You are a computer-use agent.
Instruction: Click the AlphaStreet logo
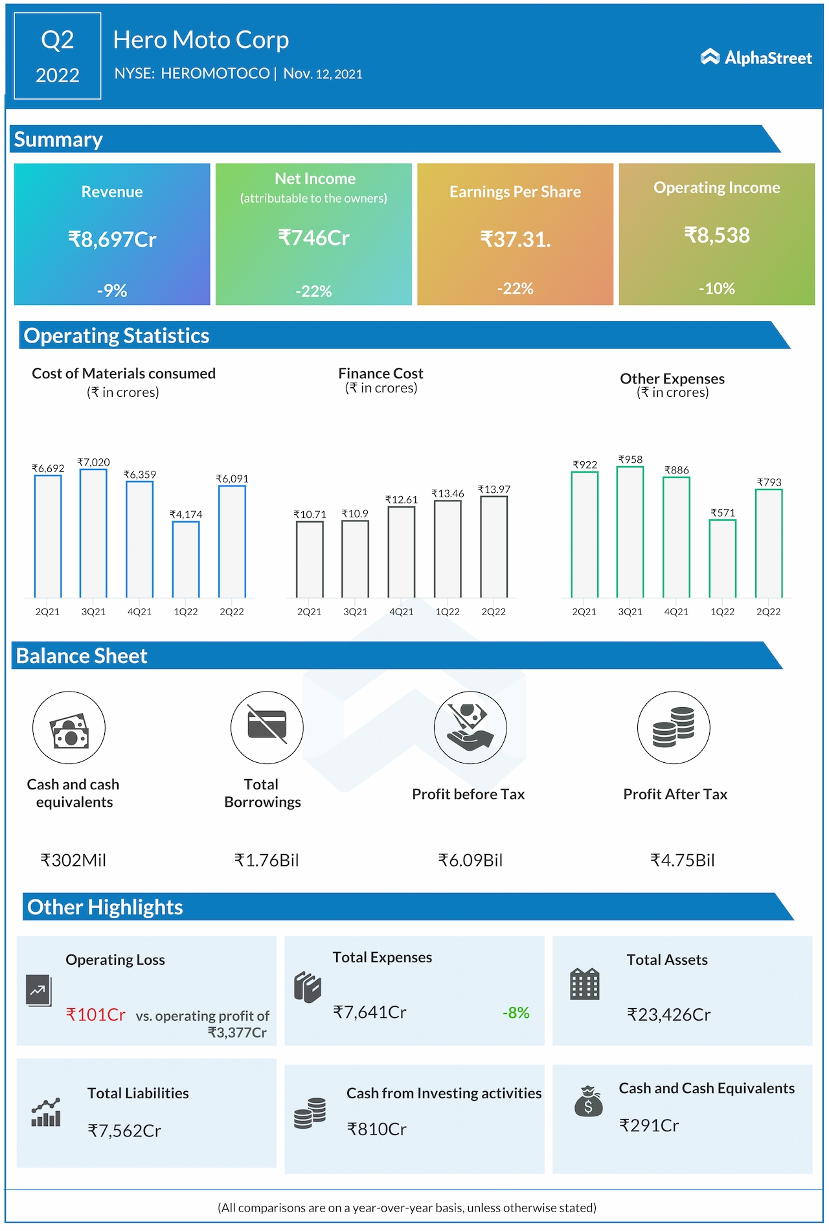point(756,58)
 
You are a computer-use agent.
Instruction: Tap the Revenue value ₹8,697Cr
point(112,240)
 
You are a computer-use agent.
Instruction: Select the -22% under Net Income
point(313,291)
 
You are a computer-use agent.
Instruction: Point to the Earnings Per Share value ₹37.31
point(515,240)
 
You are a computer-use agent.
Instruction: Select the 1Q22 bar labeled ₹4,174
point(186,559)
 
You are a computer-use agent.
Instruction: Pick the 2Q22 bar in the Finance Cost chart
point(494,547)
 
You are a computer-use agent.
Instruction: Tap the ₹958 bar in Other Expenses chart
point(630,532)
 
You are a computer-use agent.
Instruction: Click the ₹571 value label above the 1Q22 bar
point(723,513)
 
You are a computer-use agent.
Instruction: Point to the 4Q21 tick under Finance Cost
point(402,611)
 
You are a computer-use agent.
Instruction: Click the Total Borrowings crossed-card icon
point(267,727)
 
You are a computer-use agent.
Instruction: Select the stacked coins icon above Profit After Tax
point(674,727)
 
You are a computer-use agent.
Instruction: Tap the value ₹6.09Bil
point(470,860)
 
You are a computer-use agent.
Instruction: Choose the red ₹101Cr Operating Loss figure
point(96,1015)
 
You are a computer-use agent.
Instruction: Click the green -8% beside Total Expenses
point(516,1013)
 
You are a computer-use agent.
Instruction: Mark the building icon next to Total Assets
point(584,984)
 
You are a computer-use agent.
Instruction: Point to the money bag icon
point(588,1101)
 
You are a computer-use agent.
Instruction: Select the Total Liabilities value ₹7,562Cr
point(124,1131)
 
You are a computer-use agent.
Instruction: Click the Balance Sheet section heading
point(82,656)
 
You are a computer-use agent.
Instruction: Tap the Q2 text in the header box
point(58,40)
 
